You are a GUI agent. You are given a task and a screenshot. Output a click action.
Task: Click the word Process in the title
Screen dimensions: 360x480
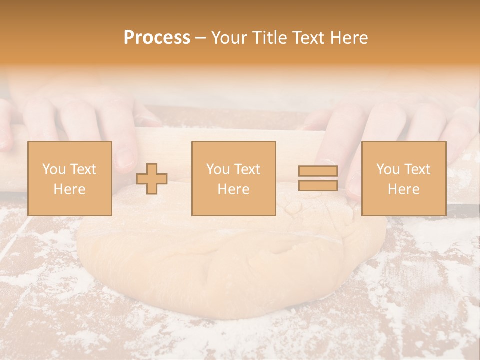click(157, 38)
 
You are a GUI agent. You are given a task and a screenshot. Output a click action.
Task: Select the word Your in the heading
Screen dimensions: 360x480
click(230, 38)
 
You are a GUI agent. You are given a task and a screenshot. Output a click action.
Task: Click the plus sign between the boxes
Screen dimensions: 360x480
click(152, 179)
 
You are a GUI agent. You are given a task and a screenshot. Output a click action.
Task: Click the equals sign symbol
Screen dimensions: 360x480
click(318, 178)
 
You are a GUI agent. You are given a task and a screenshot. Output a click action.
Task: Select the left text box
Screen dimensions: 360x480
click(70, 178)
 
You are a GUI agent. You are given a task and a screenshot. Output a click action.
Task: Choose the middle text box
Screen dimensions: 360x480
click(234, 178)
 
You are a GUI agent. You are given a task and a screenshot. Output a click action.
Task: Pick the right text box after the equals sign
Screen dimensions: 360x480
click(404, 178)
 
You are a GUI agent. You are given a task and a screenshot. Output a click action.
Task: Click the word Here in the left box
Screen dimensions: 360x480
click(70, 189)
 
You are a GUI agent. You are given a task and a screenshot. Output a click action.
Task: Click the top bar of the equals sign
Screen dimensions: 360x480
click(318, 171)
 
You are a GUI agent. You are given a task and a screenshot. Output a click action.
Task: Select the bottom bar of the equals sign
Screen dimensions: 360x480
click(318, 185)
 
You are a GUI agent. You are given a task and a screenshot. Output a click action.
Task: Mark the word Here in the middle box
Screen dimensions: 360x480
click(234, 189)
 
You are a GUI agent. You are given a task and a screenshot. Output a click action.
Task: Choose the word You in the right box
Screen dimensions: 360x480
click(388, 169)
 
